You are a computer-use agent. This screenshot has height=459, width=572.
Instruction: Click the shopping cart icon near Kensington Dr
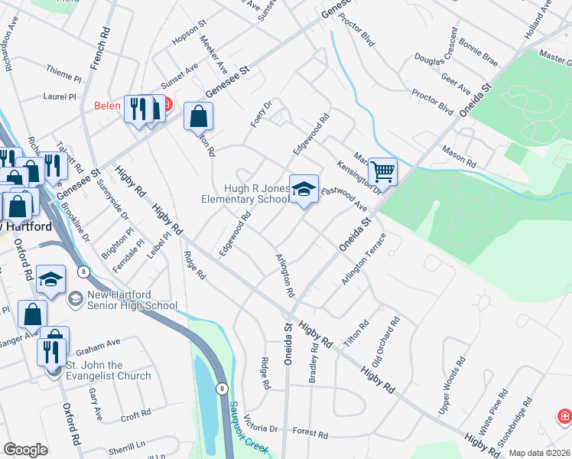point(382,171)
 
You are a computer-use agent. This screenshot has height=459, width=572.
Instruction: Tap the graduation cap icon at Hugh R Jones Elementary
point(304,188)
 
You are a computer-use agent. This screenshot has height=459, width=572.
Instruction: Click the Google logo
point(25,450)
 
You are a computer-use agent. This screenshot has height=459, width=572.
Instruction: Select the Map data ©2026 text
point(540,453)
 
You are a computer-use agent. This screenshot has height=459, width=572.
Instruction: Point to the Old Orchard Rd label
point(385,342)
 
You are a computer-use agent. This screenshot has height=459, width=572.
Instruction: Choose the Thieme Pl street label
point(63,77)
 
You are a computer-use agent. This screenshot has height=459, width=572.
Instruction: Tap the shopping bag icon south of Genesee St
point(198,116)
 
